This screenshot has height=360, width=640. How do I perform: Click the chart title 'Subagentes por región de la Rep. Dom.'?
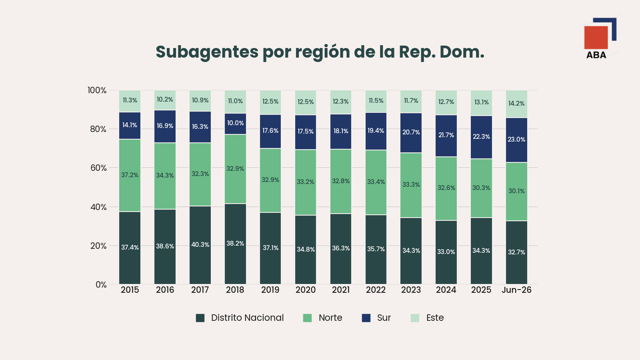320,52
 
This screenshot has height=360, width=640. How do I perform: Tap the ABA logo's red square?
596,38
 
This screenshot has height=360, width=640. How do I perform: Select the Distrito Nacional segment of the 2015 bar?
130,248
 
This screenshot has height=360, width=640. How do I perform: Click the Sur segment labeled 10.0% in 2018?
236,124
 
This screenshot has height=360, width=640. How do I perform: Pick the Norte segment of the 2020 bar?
306,182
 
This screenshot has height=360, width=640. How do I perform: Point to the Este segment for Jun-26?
516,104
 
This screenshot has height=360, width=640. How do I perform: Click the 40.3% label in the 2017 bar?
200,244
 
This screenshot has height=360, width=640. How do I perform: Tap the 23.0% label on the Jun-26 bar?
516,140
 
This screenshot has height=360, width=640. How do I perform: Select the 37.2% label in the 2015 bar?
130,175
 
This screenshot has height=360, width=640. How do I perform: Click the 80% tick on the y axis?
98,129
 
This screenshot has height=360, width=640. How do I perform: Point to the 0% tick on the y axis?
101,284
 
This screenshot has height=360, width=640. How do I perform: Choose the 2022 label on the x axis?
376,290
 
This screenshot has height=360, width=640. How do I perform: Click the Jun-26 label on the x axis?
516,290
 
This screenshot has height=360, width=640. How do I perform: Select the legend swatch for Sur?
366,318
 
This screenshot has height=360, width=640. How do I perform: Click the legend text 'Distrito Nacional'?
248,318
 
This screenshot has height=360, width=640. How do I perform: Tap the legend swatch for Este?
415,318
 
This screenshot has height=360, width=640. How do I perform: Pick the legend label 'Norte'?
330,318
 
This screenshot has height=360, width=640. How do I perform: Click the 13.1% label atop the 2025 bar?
482,102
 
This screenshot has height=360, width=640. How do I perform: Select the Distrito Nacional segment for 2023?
411,251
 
